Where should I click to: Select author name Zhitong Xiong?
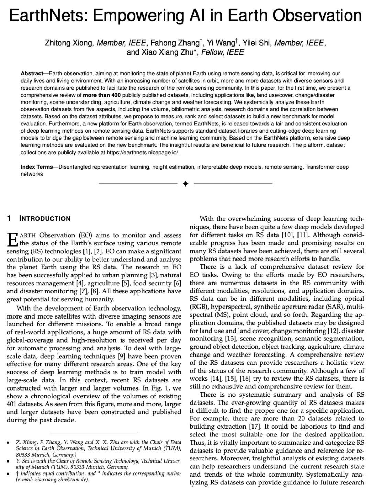pyautogui.click(x=69, y=43)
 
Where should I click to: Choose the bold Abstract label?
pyautogui.click(x=32, y=73)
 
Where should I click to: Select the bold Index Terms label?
pyautogui.click(x=37, y=167)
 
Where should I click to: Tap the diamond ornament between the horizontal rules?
pyautogui.click(x=185, y=184)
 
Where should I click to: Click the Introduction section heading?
pyautogui.click(x=45, y=219)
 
